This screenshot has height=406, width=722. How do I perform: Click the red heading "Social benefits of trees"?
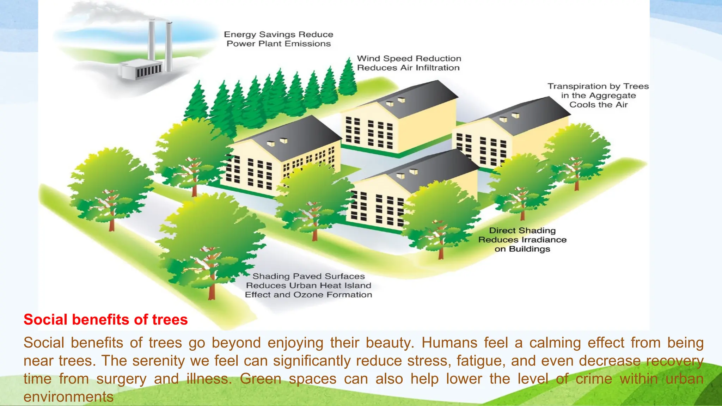pyautogui.click(x=105, y=319)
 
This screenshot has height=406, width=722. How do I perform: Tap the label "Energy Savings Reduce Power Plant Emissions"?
pyautogui.click(x=279, y=39)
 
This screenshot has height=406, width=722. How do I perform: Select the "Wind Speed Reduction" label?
pyautogui.click(x=409, y=59)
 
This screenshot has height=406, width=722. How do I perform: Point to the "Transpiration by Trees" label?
pyautogui.click(x=598, y=86)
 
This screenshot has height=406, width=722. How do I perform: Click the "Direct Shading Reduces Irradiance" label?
pyautogui.click(x=522, y=240)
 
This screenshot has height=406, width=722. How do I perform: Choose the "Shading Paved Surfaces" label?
pyautogui.click(x=308, y=276)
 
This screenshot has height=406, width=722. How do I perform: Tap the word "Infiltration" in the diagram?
pyautogui.click(x=438, y=68)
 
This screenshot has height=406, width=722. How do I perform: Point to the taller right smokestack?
pyautogui.click(x=169, y=46)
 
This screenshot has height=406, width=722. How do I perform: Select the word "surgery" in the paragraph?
pyautogui.click(x=121, y=379)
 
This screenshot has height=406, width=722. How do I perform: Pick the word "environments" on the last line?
pyautogui.click(x=68, y=397)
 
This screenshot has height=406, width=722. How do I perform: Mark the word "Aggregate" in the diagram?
pyautogui.click(x=612, y=96)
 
